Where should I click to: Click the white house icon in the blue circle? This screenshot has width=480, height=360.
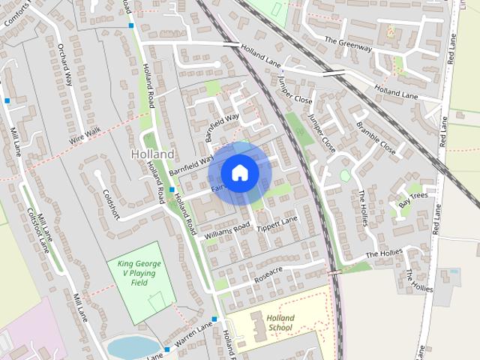pyautogui.click(x=239, y=173)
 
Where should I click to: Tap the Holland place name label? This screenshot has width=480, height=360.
pyautogui.click(x=152, y=154)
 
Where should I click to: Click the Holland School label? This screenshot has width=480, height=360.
pyautogui.click(x=280, y=322)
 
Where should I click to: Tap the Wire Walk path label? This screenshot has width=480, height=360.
pyautogui.click(x=85, y=136)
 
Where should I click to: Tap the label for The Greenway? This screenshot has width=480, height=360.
pyautogui.click(x=349, y=43)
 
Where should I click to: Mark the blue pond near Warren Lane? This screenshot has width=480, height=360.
pyautogui.click(x=133, y=347)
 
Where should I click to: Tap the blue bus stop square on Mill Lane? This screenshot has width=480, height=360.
pyautogui.click(x=7, y=100)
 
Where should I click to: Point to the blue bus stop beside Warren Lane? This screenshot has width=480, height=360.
pyautogui.click(x=166, y=349)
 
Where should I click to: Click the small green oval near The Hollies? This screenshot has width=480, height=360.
pyautogui.click(x=345, y=175)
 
